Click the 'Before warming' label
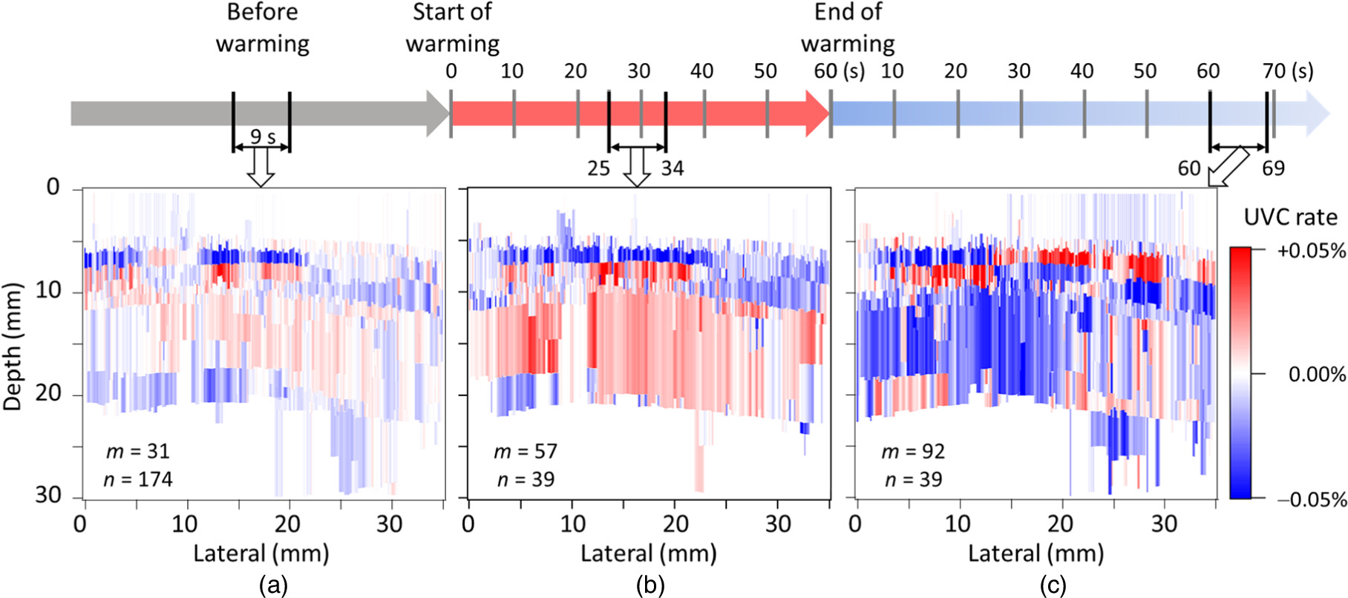(263, 27)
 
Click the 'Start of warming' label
(452, 27)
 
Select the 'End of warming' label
(848, 27)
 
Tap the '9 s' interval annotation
(262, 137)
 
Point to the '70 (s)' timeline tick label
(1288, 71)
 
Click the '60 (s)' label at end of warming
(839, 71)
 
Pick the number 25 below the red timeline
(598, 168)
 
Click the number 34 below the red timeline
(672, 168)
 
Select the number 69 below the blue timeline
(1273, 168)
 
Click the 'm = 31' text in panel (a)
(137, 451)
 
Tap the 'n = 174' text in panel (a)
(138, 479)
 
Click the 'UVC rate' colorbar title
(1290, 217)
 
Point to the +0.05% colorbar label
(1311, 252)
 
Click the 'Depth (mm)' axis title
(13, 346)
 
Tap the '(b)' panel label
(650, 586)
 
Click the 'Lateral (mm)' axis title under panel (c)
(1035, 553)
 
